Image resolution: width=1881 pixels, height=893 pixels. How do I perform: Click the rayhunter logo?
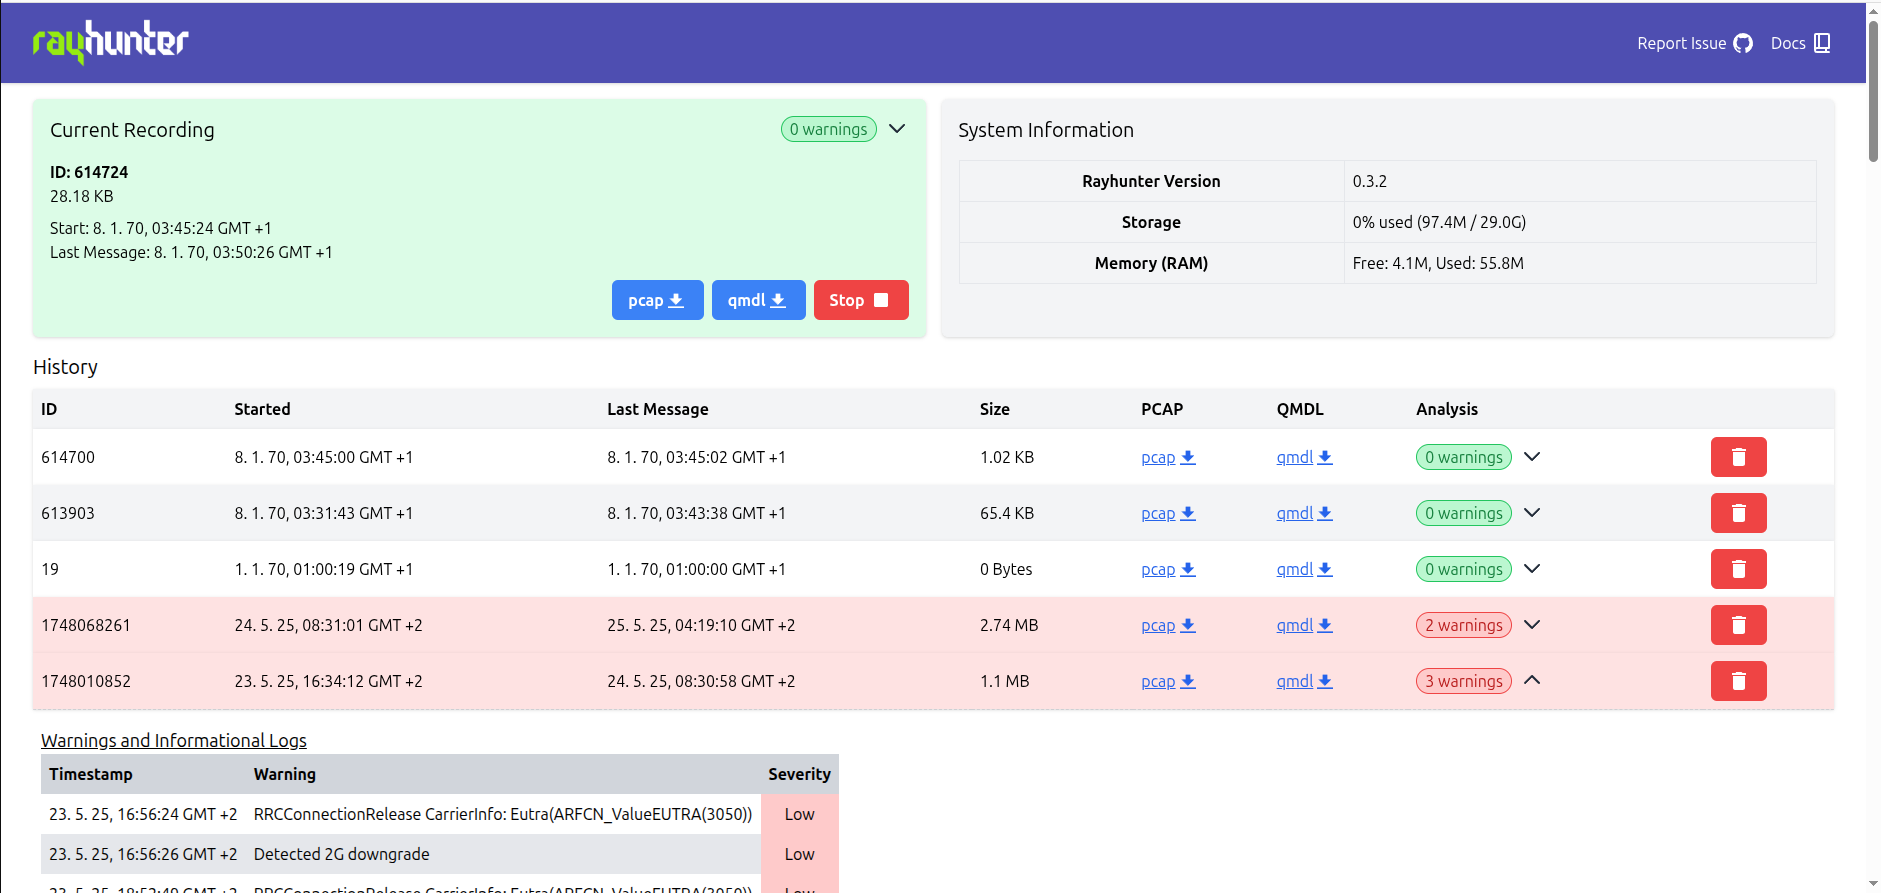click(x=110, y=42)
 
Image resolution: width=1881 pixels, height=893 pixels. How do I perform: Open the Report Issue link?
click(x=1694, y=43)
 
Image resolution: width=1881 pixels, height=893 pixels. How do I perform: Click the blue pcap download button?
click(x=657, y=300)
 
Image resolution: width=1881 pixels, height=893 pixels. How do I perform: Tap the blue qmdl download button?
click(x=758, y=300)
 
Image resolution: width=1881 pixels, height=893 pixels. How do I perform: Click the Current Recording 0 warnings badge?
click(x=828, y=129)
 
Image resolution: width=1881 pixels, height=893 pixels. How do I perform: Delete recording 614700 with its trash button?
click(x=1738, y=457)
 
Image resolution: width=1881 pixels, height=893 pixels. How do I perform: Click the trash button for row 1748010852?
click(x=1738, y=681)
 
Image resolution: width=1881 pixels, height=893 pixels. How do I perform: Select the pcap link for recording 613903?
click(x=1167, y=513)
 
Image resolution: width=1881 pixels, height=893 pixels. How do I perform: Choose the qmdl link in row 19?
click(x=1303, y=569)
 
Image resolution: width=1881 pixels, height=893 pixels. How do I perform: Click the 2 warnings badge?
click(x=1463, y=625)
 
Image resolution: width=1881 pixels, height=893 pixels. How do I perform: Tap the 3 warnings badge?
click(x=1463, y=681)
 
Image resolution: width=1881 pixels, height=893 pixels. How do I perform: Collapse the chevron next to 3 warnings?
click(x=1532, y=680)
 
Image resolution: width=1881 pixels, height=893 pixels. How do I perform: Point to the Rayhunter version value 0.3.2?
click(x=1369, y=181)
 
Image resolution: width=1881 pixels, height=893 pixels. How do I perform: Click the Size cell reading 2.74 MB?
click(x=1008, y=625)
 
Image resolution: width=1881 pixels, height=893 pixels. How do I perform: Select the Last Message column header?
click(x=657, y=409)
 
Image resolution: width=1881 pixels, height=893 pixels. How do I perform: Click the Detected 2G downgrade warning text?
click(x=341, y=854)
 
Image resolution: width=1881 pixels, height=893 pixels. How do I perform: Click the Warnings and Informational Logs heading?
click(x=174, y=740)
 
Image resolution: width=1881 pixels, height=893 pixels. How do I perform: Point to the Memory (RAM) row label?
click(x=1150, y=263)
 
